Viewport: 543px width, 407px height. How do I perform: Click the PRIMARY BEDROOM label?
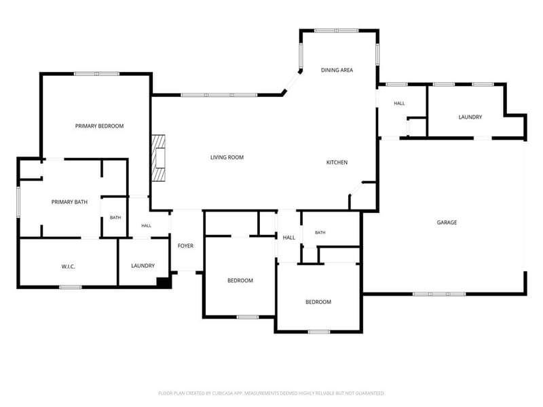(x=99, y=126)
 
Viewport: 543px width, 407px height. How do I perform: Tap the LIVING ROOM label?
(x=227, y=157)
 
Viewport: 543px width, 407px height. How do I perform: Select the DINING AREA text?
(x=337, y=70)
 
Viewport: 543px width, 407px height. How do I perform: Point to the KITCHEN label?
(x=337, y=162)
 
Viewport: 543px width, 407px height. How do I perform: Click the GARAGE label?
(x=447, y=222)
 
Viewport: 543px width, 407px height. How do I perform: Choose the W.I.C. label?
(x=69, y=267)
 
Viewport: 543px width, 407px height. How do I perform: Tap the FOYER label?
(x=185, y=246)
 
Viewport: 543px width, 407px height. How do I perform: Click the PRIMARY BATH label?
(x=69, y=201)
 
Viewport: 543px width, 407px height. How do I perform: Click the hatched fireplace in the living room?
(x=158, y=157)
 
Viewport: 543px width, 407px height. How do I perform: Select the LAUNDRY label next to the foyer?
(x=143, y=266)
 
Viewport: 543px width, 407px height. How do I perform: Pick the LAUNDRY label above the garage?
(x=470, y=117)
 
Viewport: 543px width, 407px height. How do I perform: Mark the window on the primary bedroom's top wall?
(x=96, y=74)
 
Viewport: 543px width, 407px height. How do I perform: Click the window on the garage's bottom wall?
(x=439, y=294)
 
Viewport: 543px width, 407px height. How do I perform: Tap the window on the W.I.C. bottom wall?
(x=71, y=287)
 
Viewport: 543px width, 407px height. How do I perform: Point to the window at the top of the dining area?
(x=336, y=31)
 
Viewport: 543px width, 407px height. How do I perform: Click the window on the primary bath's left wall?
(x=18, y=202)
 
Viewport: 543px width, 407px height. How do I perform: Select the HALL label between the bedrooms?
(x=289, y=237)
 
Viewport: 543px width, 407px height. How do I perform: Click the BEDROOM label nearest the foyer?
(x=240, y=280)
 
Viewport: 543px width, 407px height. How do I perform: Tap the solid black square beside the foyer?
(x=164, y=282)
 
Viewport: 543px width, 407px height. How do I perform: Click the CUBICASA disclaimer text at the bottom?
(x=271, y=393)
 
